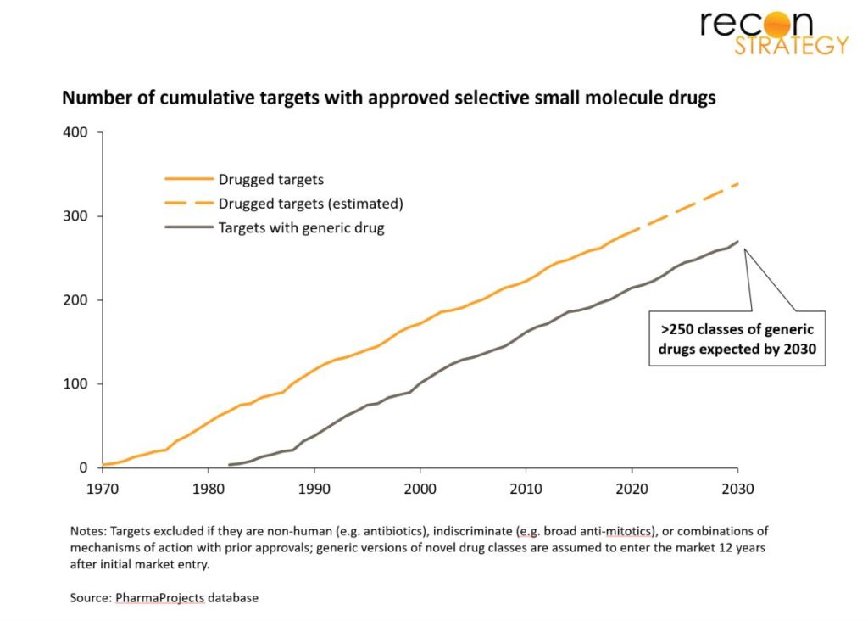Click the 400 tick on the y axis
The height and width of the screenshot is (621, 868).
click(75, 132)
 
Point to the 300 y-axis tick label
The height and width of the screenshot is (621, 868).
click(75, 216)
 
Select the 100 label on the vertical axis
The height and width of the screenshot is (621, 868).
click(75, 383)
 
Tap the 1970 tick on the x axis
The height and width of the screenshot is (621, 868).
click(103, 489)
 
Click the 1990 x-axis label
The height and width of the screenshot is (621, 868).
click(314, 489)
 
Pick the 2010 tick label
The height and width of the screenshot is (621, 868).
click(526, 489)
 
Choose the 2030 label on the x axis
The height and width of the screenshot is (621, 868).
click(737, 489)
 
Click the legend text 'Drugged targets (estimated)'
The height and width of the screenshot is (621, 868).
click(310, 204)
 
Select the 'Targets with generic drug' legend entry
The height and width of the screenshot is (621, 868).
click(301, 227)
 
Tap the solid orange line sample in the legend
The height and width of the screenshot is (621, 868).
click(187, 180)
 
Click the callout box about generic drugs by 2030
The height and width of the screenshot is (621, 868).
click(737, 337)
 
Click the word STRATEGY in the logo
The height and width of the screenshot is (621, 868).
click(791, 46)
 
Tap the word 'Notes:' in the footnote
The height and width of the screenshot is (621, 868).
click(88, 530)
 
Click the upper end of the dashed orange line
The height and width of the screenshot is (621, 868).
click(736, 182)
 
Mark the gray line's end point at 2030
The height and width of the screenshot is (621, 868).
click(737, 241)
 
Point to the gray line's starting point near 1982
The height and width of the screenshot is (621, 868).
click(230, 464)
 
